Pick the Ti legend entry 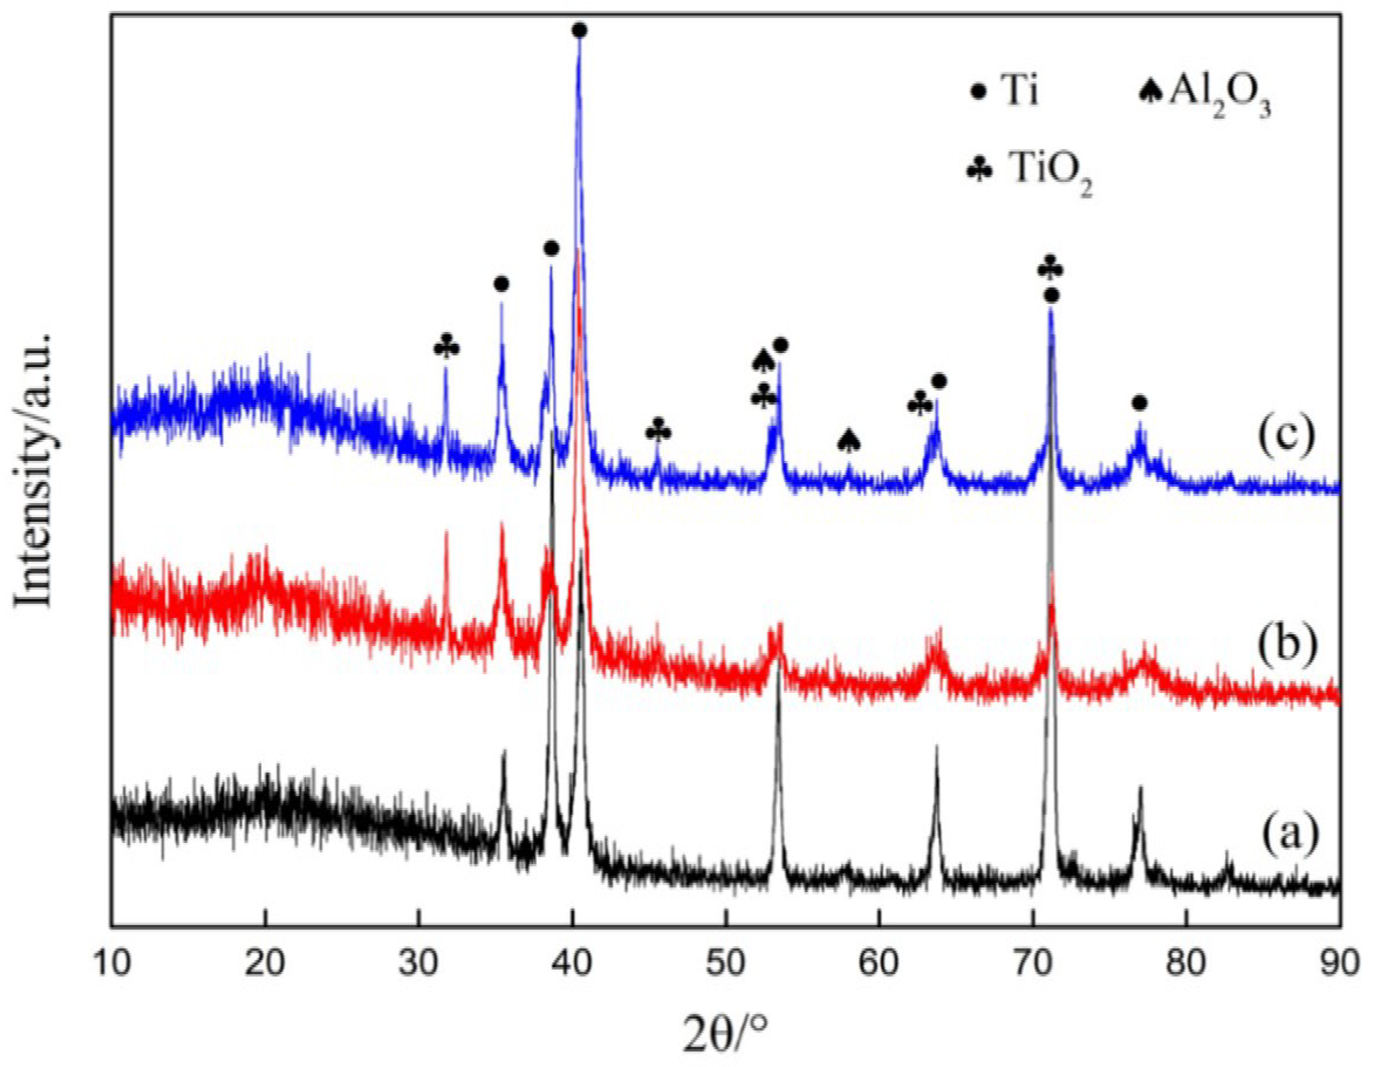(x=1006, y=92)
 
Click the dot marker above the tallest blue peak (x=580, y=30)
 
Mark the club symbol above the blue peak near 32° (x=446, y=347)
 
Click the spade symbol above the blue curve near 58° (x=849, y=440)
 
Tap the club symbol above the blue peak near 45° (x=659, y=431)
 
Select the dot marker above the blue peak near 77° (x=1139, y=403)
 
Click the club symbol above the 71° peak (x=1050, y=269)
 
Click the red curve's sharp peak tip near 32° (x=446, y=532)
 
